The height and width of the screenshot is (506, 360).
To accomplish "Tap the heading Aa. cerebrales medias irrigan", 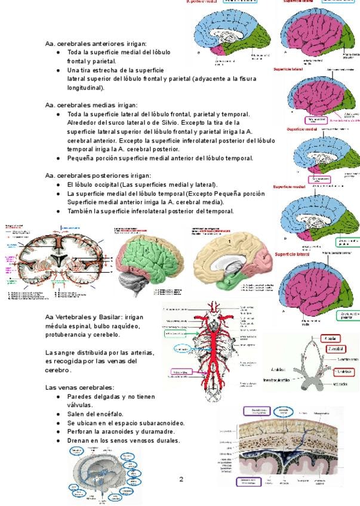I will click(91, 104).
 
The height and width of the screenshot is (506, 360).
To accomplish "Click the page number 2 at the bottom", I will click(181, 479).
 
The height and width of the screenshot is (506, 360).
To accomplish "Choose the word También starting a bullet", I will click(81, 211).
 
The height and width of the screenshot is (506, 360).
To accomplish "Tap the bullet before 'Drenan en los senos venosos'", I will click(57, 441).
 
